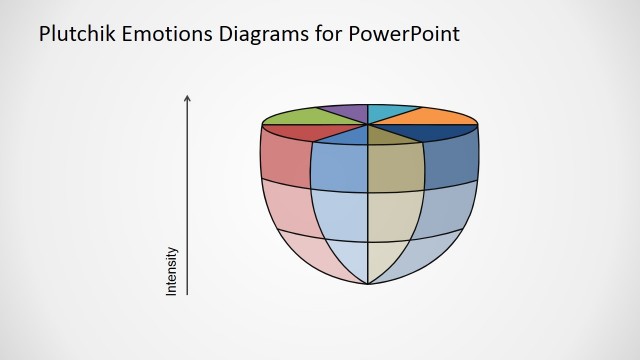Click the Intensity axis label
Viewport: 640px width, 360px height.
[171, 271]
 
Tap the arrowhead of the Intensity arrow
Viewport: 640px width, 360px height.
[187, 98]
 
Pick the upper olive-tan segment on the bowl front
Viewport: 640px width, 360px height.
[395, 165]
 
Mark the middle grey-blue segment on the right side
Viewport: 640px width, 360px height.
[447, 208]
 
